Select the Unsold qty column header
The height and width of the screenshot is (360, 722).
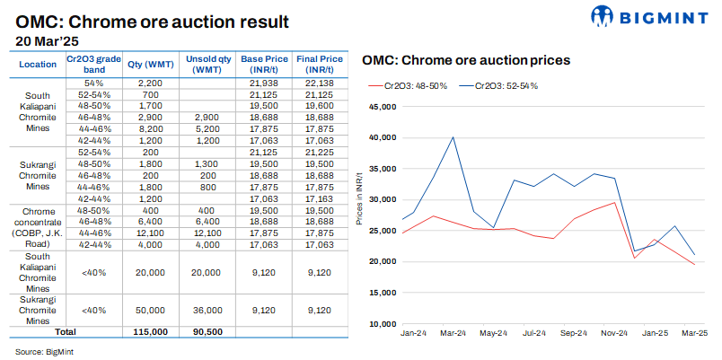click(x=207, y=65)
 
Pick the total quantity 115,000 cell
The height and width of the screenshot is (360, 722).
click(x=148, y=331)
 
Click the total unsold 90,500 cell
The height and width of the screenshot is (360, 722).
click(x=207, y=331)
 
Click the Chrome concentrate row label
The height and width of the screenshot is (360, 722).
click(x=37, y=225)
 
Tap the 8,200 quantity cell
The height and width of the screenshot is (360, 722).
click(x=148, y=129)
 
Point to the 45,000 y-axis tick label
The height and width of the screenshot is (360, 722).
click(x=383, y=107)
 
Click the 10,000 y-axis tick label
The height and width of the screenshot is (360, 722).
click(x=383, y=323)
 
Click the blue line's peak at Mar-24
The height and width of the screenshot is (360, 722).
click(x=453, y=137)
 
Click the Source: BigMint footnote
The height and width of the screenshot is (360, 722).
click(x=44, y=350)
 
